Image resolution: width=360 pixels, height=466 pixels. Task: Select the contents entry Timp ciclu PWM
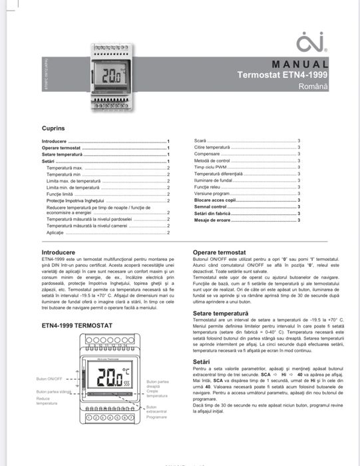point(208,167)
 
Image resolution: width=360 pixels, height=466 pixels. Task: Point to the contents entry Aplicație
point(55,232)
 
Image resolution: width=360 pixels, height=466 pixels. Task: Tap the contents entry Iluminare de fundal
point(213,180)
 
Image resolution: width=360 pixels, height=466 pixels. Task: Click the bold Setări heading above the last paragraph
point(201,360)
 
